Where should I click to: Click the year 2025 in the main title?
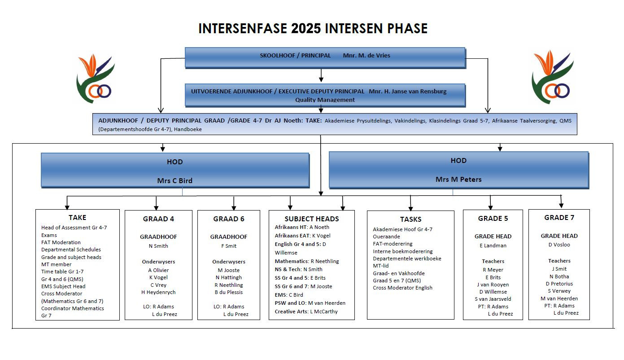pyautogui.click(x=305, y=28)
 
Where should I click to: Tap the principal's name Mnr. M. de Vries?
pyautogui.click(x=367, y=56)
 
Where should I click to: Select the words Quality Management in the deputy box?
pyautogui.click(x=325, y=100)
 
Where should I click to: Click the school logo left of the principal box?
pyautogui.click(x=95, y=79)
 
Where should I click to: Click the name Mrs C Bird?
pyautogui.click(x=175, y=180)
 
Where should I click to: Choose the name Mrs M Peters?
pyautogui.click(x=458, y=180)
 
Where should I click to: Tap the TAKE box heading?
pyautogui.click(x=78, y=218)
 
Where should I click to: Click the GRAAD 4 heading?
pyautogui.click(x=158, y=219)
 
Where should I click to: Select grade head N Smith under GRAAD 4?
pyautogui.click(x=158, y=246)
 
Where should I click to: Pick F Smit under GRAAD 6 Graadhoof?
pyautogui.click(x=229, y=246)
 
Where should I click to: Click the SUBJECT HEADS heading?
pyautogui.click(x=312, y=219)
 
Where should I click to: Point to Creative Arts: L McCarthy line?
pyautogui.click(x=306, y=312)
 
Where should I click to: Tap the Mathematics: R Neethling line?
pyautogui.click(x=307, y=261)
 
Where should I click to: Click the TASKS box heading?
pyautogui.click(x=411, y=220)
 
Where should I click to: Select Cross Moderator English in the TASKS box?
pyautogui.click(x=402, y=288)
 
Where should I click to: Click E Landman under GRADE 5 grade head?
pyautogui.click(x=493, y=246)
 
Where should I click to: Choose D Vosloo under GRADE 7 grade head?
pyautogui.click(x=559, y=245)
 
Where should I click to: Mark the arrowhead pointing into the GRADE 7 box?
pyautogui.click(x=561, y=205)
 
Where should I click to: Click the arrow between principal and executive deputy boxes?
pyautogui.click(x=321, y=75)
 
